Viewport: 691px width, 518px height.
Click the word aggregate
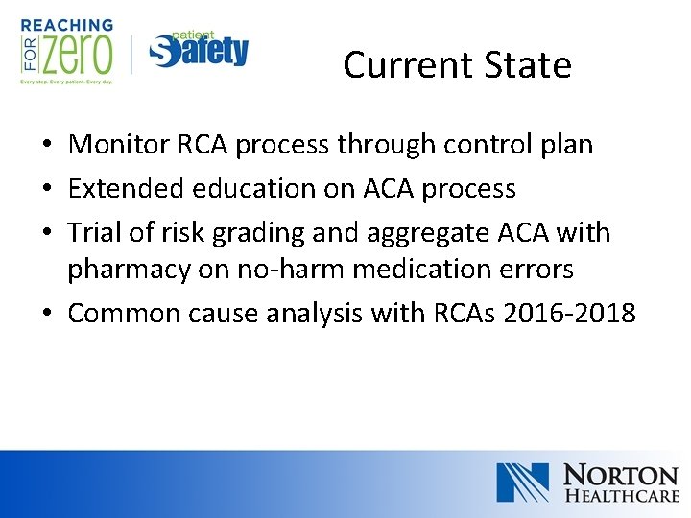pyautogui.click(x=453, y=233)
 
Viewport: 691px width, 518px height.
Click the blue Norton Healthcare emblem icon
pyautogui.click(x=522, y=483)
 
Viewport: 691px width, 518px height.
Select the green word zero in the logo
pyautogui.click(x=76, y=56)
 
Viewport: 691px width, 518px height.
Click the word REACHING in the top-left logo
pyautogui.click(x=66, y=25)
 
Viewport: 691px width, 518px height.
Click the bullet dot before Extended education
pyautogui.click(x=46, y=190)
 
